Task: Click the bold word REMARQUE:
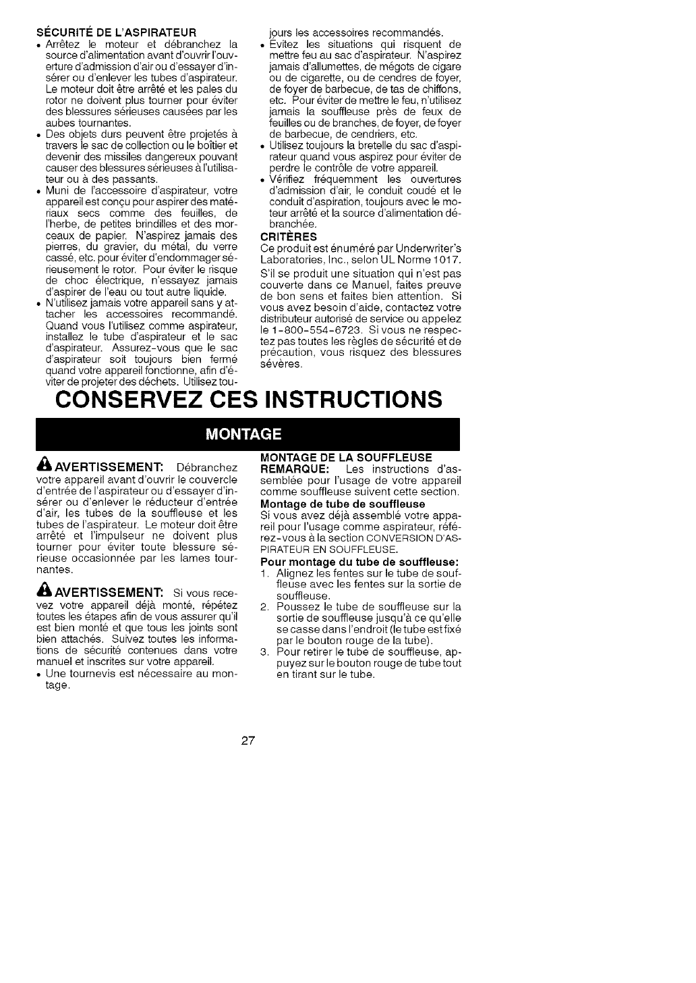[295, 469]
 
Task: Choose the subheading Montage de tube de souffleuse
[343, 504]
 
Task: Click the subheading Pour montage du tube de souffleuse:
[359, 562]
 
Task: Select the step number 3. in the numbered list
[265, 652]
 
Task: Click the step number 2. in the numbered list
[265, 606]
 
